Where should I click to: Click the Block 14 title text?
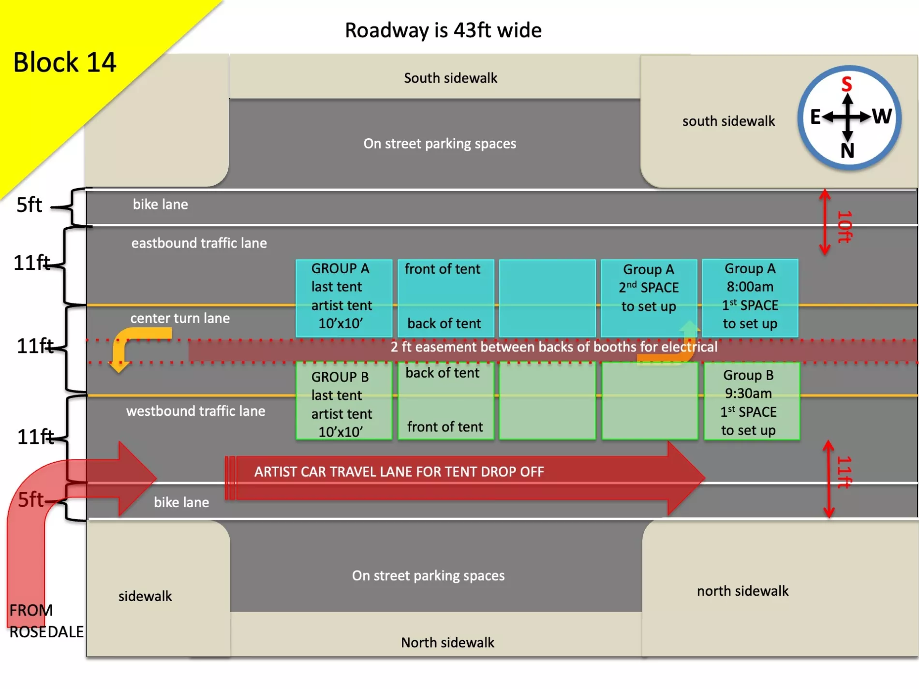(x=64, y=62)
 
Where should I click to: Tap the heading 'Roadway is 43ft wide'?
(x=443, y=30)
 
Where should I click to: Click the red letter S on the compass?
(x=846, y=84)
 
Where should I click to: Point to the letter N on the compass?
(x=847, y=151)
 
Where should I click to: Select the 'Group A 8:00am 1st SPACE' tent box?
(x=750, y=296)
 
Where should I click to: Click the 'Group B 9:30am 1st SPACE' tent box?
(x=751, y=402)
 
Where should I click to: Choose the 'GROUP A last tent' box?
(x=343, y=296)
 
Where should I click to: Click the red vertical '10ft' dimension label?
(x=845, y=226)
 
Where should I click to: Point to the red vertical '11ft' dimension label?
(x=845, y=472)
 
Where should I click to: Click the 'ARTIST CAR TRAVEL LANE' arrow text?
(x=399, y=472)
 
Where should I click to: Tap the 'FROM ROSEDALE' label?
(x=45, y=621)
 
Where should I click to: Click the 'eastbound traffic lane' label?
(x=199, y=243)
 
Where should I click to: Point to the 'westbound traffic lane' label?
(x=195, y=411)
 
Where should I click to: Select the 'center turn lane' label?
(x=180, y=318)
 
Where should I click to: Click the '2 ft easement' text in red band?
(x=554, y=347)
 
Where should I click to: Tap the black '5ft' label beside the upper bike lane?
(x=29, y=205)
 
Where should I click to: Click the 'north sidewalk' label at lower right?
(x=742, y=591)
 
